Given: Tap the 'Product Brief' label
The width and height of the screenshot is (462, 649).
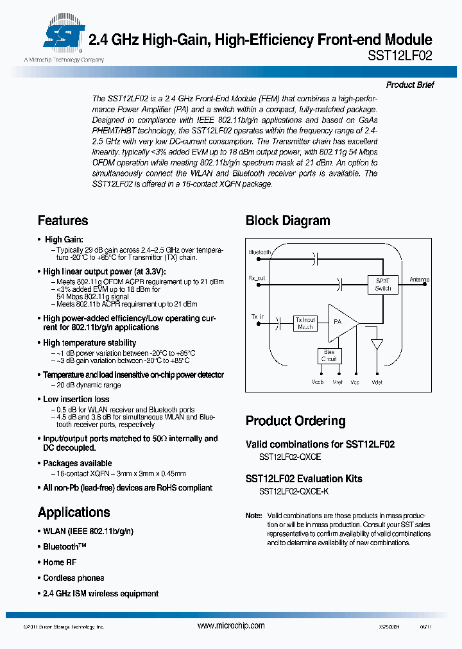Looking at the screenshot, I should click(410, 85).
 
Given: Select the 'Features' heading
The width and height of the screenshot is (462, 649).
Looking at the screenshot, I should click(63, 221).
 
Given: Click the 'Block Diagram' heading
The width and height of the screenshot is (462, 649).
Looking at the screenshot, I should click(287, 221).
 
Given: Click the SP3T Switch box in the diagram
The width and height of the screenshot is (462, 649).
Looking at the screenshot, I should click(382, 284).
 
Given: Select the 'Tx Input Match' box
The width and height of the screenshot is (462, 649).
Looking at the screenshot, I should click(305, 323).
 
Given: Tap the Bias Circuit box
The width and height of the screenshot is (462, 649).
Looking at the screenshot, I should click(329, 355).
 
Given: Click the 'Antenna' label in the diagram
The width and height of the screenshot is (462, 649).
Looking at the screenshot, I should click(419, 280).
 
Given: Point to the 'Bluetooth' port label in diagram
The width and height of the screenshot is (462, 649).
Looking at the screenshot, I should click(260, 253).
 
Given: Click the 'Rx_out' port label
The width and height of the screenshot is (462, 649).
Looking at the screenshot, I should click(257, 278).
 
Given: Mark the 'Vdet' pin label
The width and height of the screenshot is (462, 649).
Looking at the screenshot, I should click(376, 382).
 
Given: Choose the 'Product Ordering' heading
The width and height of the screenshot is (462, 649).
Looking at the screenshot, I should click(295, 421).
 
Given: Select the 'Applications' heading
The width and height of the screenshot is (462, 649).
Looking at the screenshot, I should click(74, 512).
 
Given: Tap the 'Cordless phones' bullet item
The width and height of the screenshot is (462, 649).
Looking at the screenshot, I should click(73, 578).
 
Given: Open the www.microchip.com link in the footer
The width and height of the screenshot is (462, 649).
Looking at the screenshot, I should click(231, 626).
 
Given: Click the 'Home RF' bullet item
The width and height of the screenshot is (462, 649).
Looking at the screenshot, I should click(59, 562).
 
